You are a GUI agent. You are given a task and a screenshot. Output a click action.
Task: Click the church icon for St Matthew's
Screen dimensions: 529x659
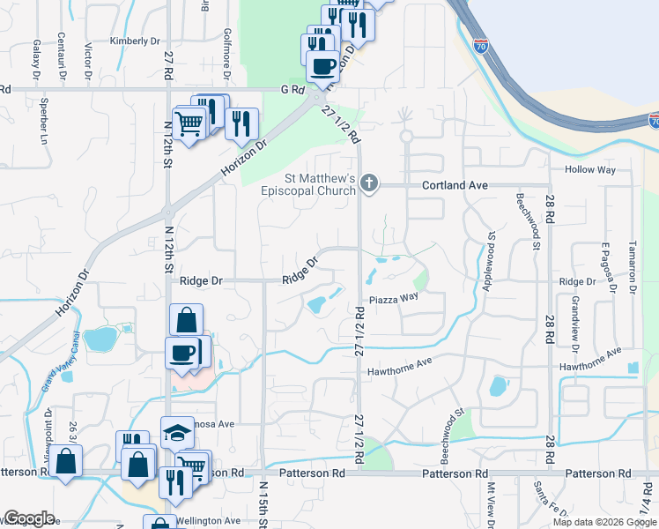370,183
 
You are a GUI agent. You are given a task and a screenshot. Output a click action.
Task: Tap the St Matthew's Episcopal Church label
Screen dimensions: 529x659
308,184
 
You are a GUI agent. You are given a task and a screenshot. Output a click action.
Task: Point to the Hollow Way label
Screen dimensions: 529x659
591,169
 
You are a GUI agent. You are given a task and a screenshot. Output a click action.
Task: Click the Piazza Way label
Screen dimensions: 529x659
393,297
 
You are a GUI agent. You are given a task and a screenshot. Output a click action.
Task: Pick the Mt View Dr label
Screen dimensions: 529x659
491,506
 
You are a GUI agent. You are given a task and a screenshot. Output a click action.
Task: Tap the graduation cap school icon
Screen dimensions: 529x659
177,432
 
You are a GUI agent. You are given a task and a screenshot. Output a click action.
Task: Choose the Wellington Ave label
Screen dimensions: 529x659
207,520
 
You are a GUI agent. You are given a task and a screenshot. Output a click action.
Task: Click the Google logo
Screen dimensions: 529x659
29,518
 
